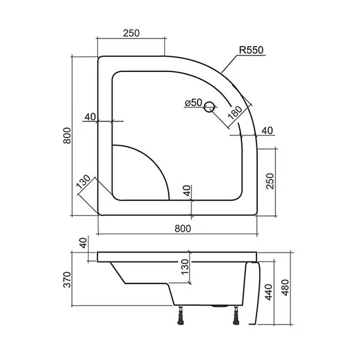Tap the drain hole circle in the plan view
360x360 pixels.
[x=210, y=109]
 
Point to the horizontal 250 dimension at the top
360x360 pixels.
[x=131, y=32]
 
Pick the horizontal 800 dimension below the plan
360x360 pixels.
[x=179, y=229]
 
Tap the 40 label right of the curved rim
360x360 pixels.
[x=267, y=131]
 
